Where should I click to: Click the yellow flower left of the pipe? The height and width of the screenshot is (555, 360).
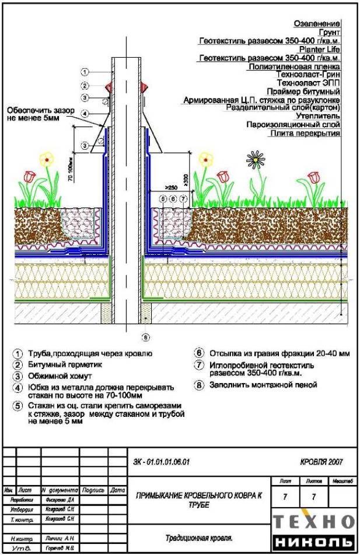[47, 158]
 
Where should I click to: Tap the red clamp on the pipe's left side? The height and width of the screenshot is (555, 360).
[109, 87]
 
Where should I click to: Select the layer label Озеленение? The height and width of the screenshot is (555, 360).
[319, 23]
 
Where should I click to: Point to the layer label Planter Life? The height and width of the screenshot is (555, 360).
[320, 50]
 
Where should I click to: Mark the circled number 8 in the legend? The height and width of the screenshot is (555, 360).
[199, 385]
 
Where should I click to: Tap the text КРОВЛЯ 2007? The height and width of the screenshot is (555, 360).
[321, 462]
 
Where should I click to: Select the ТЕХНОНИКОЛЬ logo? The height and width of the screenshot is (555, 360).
[313, 531]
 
